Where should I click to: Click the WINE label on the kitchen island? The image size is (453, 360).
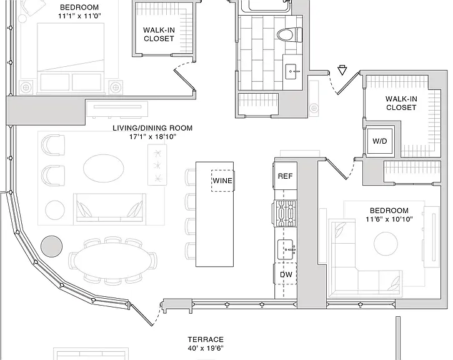[x=222, y=181]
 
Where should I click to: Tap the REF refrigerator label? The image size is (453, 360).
[x=285, y=176]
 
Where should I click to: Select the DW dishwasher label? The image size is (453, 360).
[x=286, y=274]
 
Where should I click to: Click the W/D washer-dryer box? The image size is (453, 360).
[x=380, y=141]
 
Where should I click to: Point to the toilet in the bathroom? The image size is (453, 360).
[x=289, y=35]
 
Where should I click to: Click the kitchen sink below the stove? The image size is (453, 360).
[x=287, y=249]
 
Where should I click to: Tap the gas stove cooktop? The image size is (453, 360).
[x=284, y=213]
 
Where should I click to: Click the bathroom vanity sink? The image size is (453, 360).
[x=292, y=71]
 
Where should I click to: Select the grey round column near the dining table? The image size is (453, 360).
[x=52, y=246]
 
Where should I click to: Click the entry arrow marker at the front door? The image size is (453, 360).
[x=342, y=70]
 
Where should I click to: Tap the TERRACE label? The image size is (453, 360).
[x=206, y=339]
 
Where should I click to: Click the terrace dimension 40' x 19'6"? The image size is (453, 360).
[x=206, y=348]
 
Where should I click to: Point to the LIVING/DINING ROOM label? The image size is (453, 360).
[x=152, y=127]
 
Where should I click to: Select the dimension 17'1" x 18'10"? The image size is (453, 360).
[x=152, y=136]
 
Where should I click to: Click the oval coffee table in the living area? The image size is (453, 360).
[x=104, y=168]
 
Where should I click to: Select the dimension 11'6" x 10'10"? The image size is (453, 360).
[x=389, y=219]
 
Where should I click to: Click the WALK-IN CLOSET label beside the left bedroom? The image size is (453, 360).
[x=159, y=34]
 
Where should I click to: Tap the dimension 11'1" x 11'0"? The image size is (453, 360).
[x=79, y=16]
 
